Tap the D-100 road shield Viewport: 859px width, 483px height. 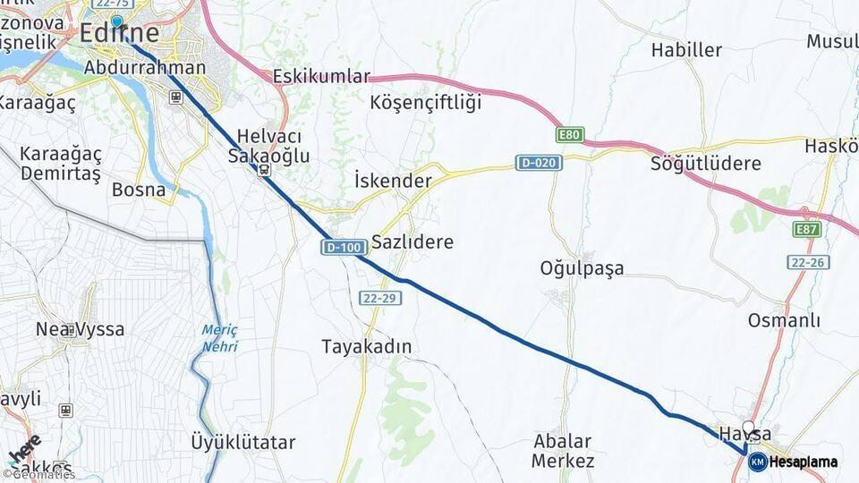click(341, 248)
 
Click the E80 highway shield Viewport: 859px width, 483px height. click(570, 135)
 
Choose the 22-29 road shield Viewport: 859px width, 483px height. click(379, 297)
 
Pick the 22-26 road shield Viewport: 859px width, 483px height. click(808, 262)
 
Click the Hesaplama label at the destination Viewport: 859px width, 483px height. click(804, 462)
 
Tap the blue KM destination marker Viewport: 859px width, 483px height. click(757, 462)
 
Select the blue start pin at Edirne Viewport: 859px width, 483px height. click(116, 22)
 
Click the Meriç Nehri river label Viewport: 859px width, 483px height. click(219, 338)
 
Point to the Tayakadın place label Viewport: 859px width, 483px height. click(368, 346)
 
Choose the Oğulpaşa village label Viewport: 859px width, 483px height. click(582, 267)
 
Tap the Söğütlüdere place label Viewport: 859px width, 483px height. click(706, 164)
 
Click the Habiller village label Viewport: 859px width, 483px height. click(686, 50)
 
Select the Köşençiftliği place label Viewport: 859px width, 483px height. click(425, 102)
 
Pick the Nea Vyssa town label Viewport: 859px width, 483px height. click(80, 329)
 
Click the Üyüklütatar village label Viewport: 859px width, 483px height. click(243, 441)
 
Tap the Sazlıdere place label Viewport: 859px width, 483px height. click(412, 241)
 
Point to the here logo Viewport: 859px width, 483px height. click(25, 452)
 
